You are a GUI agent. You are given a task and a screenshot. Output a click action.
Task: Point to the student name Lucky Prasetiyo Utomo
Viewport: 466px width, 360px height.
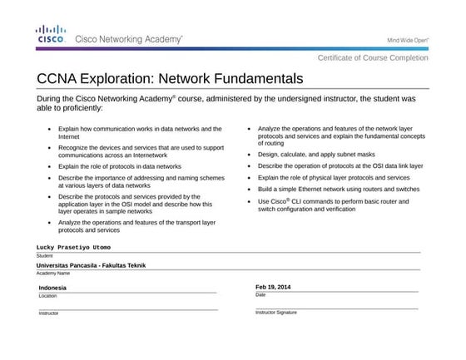tap(73, 247)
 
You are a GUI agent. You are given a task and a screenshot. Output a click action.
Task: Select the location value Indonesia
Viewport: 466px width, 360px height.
tap(52, 288)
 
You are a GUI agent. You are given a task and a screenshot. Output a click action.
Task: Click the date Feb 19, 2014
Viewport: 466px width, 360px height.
tap(273, 287)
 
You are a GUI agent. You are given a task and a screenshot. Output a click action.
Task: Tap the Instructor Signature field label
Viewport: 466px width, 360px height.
tap(275, 313)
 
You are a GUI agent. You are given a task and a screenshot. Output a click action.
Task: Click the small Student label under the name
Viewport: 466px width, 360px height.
tap(44, 256)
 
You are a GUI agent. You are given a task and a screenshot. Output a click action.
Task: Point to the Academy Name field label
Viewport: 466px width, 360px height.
tap(52, 273)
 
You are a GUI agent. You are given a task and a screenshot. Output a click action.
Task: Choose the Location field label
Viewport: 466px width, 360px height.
tap(47, 296)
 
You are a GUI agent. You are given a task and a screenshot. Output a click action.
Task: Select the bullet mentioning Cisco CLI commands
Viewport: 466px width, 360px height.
tap(333, 205)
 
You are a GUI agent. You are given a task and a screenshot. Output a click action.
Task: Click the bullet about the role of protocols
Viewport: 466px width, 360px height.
tap(119, 166)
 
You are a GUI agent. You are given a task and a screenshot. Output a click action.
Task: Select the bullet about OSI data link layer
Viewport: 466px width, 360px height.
tap(340, 166)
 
